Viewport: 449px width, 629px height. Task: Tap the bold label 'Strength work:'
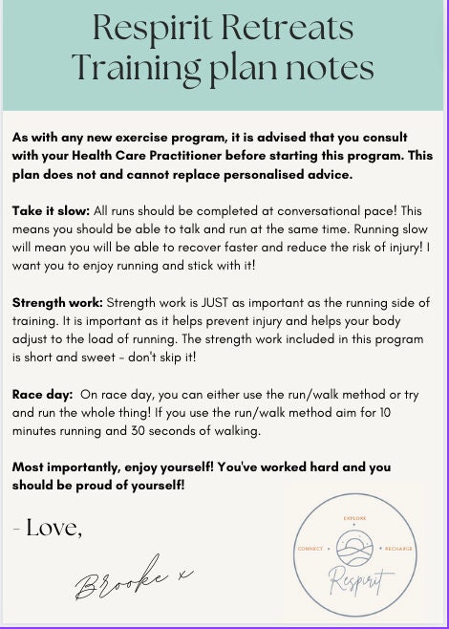coord(58,302)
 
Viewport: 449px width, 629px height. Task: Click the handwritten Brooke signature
coord(135,577)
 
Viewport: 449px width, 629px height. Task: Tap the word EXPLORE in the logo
coord(355,517)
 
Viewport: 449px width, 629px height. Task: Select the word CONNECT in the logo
coord(313,550)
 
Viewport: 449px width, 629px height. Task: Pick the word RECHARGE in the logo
coord(399,550)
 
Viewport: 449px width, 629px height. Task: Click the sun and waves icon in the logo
coord(355,549)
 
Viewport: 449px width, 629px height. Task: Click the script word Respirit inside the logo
coord(355,577)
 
